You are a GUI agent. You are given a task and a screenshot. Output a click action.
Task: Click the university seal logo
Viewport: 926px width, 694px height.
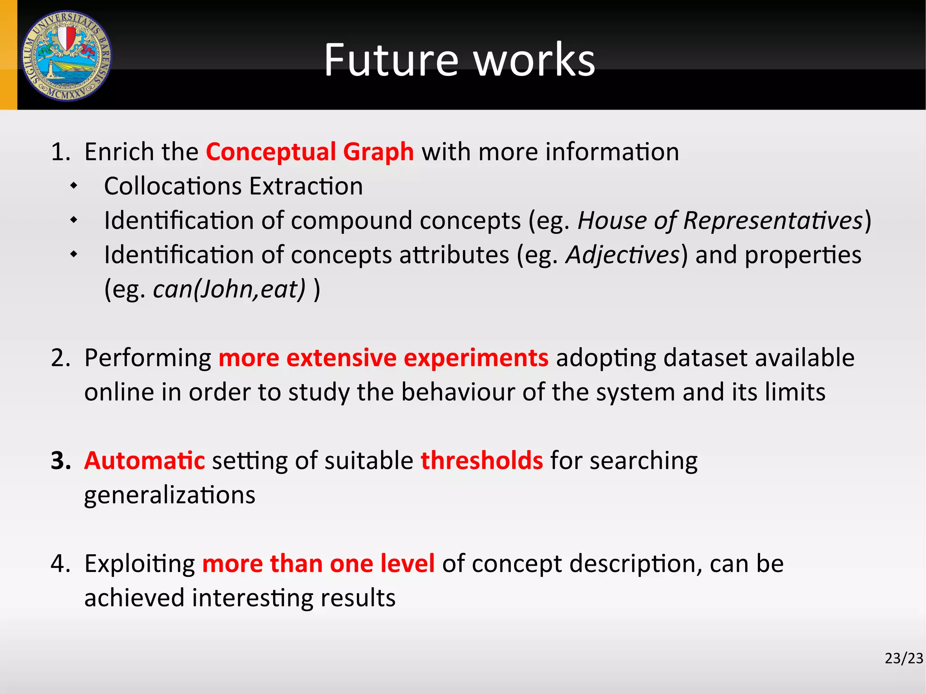(x=66, y=56)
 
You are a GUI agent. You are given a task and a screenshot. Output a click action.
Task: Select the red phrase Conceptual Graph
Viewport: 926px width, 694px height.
(x=310, y=151)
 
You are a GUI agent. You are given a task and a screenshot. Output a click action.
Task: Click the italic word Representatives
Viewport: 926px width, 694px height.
(x=773, y=221)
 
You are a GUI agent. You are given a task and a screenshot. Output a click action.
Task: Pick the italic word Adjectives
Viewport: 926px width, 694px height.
(x=623, y=255)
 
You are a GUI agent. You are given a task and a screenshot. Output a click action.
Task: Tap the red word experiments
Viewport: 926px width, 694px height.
(x=476, y=358)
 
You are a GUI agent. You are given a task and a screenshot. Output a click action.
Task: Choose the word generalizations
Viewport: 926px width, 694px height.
(x=170, y=495)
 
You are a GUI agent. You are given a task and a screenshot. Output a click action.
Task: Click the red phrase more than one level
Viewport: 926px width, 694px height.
(x=318, y=563)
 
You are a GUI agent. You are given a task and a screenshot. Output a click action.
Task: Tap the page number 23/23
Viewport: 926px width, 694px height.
(x=903, y=658)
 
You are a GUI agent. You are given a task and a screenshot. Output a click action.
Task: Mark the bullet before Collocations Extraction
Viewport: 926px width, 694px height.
(x=74, y=186)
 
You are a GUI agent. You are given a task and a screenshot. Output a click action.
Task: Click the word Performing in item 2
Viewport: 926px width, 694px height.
(x=148, y=358)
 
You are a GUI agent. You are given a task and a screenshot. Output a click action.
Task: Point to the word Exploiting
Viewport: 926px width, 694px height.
(x=140, y=564)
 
